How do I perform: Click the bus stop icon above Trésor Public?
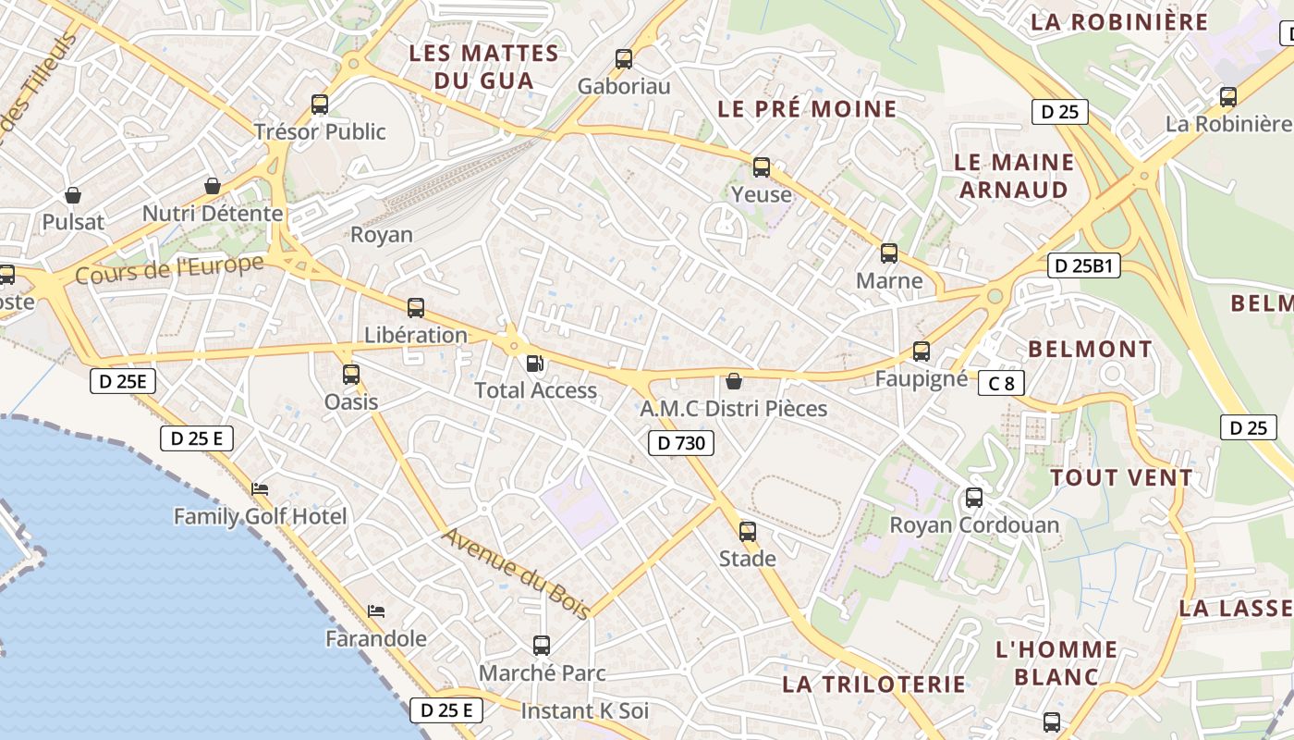(x=320, y=105)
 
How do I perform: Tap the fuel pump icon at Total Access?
(x=534, y=364)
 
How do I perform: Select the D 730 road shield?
(x=681, y=443)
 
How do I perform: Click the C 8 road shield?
(x=1001, y=382)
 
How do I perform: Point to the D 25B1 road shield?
(x=1084, y=266)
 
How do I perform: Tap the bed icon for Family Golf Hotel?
(x=260, y=489)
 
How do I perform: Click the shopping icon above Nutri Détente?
(x=213, y=186)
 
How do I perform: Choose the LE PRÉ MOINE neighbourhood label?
(x=807, y=109)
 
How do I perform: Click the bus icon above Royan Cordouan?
(x=973, y=498)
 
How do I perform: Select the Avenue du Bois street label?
(x=515, y=567)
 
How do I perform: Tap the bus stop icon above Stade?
(x=747, y=532)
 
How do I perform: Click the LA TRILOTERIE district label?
(x=873, y=684)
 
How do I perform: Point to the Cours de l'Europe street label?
(x=169, y=269)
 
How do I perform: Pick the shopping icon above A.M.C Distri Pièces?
(x=733, y=380)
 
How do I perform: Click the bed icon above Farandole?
(x=375, y=611)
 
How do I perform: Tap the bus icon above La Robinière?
(x=1227, y=96)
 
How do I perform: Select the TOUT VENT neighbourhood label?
(x=1121, y=478)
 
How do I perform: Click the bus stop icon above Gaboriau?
(x=624, y=59)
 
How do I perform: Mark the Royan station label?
(x=381, y=234)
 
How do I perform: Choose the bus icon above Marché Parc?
(x=542, y=645)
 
